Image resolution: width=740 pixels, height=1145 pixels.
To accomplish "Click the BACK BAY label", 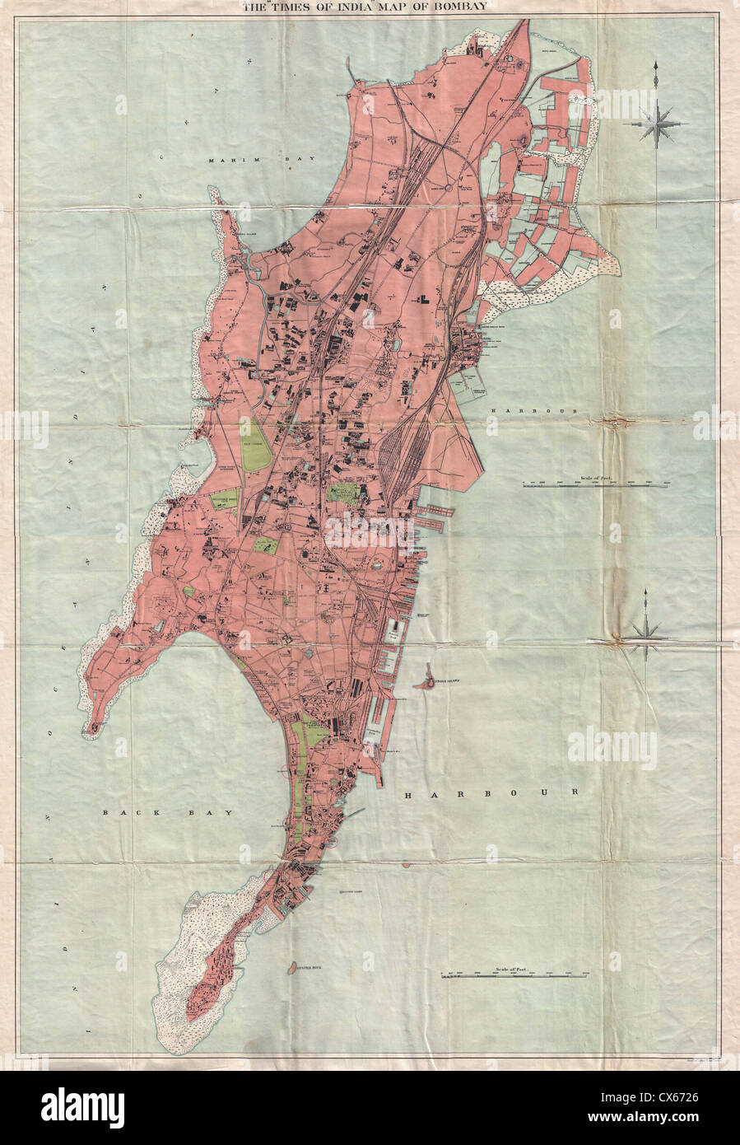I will click(168, 812).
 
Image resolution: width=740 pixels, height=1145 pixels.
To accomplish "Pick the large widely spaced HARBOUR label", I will click(491, 793).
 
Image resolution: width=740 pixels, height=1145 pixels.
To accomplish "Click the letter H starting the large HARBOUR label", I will click(409, 794).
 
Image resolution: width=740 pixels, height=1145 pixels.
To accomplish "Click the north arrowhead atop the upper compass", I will click(655, 67).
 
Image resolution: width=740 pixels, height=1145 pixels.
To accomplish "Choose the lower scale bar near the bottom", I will click(514, 976).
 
